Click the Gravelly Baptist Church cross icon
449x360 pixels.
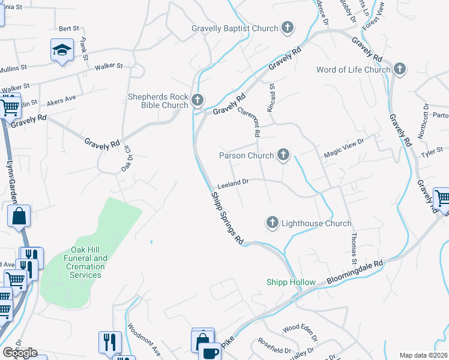pos(288,28)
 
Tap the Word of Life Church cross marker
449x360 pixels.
pos(400,70)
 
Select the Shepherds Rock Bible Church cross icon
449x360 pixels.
pos(198,100)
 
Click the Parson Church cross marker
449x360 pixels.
pos(283,155)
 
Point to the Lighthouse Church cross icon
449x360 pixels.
pos(272,223)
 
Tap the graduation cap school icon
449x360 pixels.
pos(62,50)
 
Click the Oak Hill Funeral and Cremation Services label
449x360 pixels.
pos(85,262)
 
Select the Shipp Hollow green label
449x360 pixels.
pos(291,283)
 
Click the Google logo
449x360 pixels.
pos(20,353)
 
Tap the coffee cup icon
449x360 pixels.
pos(210,352)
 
